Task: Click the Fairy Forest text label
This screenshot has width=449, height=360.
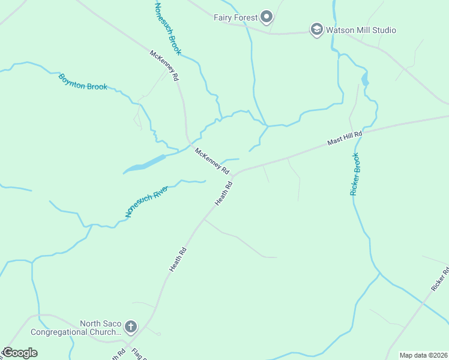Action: tap(236, 17)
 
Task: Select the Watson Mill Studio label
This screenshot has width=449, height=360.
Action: tap(361, 29)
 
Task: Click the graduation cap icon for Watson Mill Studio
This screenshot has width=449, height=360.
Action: tap(316, 29)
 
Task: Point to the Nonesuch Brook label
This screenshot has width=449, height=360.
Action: tap(167, 28)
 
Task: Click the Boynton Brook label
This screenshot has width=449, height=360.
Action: tap(83, 82)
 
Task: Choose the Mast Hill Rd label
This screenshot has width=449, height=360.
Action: tap(345, 139)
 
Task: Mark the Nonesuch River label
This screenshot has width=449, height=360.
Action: tap(146, 201)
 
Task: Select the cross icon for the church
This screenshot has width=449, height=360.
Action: tap(131, 327)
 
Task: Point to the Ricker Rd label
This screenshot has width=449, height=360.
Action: tap(440, 280)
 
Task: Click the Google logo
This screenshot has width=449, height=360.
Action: tap(20, 353)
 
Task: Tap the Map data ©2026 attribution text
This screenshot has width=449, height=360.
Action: tap(423, 355)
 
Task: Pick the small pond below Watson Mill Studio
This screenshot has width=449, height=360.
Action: tap(364, 80)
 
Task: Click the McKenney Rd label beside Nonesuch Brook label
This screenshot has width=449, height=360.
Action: tap(164, 66)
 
